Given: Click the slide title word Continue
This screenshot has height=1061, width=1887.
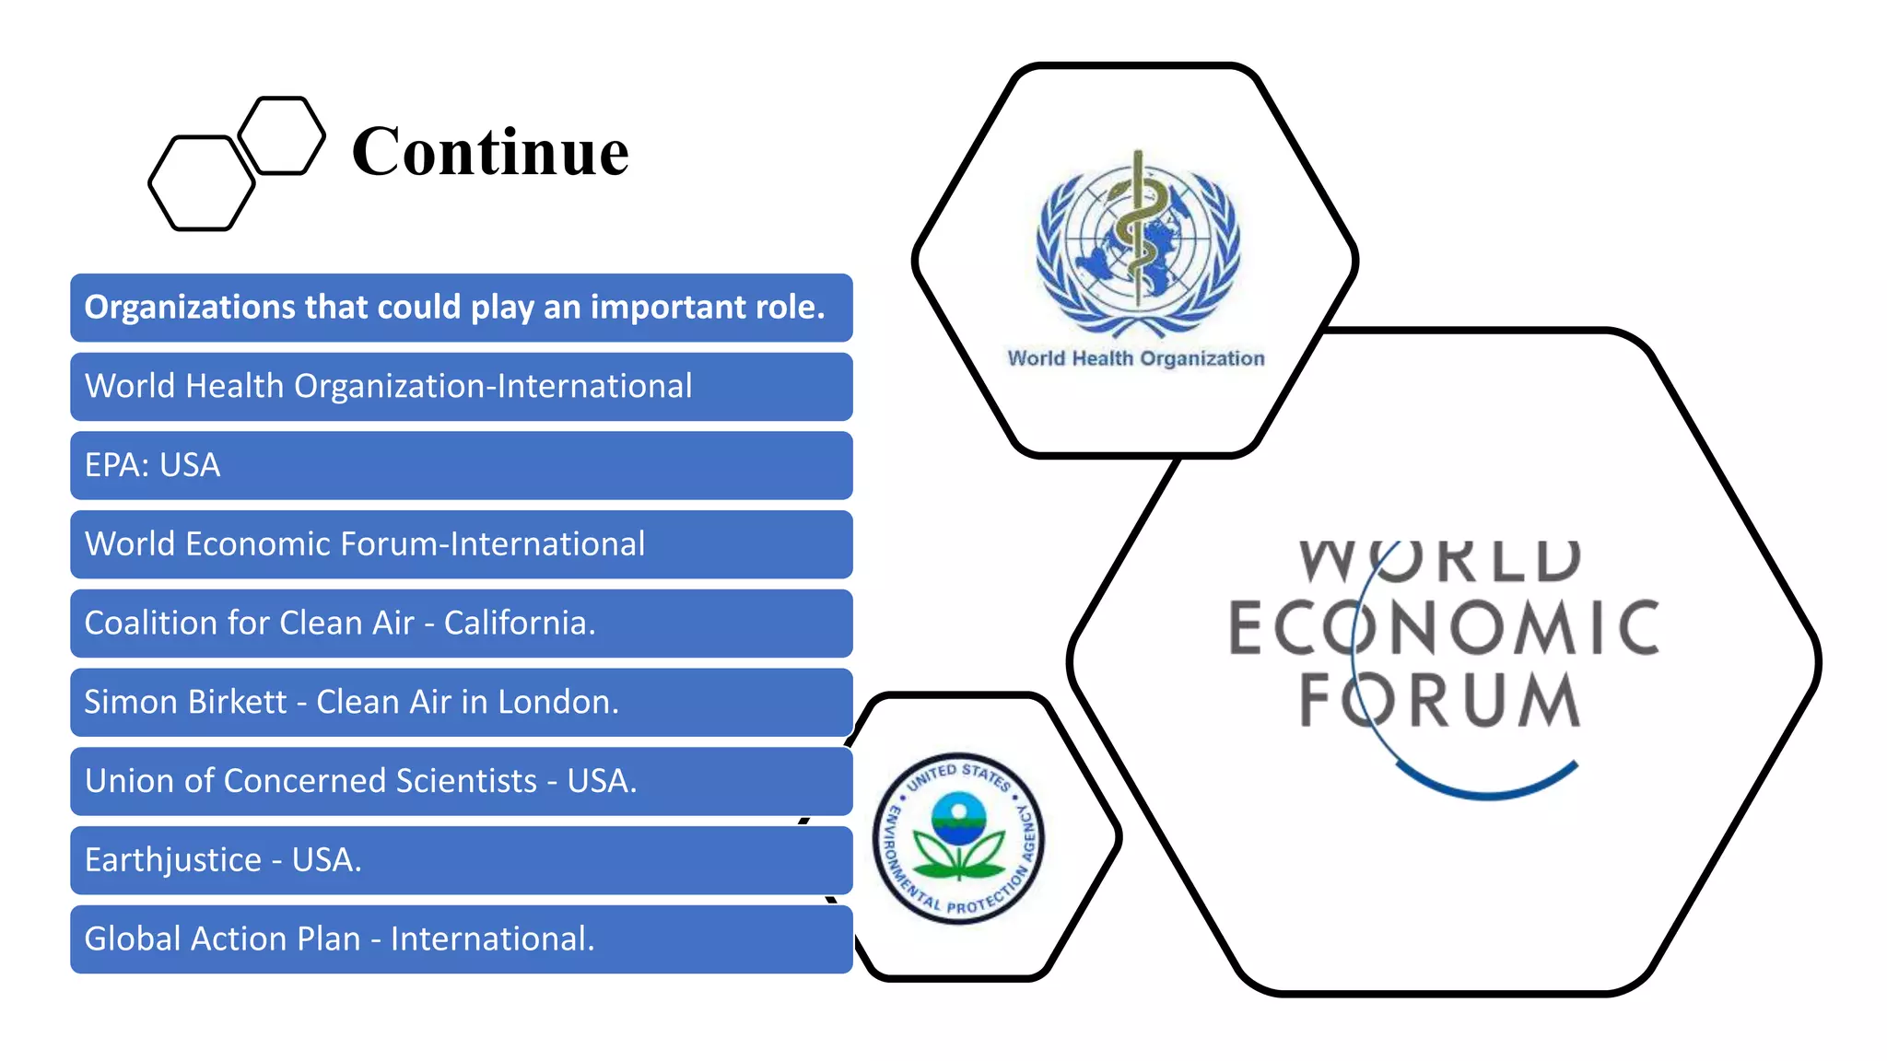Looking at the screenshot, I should tap(490, 152).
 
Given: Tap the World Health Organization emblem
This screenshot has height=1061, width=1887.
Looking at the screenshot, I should tap(1138, 244).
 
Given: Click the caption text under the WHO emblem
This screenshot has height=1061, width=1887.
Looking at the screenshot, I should tap(1135, 358).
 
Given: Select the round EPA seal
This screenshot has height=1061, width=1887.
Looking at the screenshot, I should tap(958, 837).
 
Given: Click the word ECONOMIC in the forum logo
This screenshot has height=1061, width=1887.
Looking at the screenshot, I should tap(1444, 628).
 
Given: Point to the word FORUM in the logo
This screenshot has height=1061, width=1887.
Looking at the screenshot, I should tap(1439, 701).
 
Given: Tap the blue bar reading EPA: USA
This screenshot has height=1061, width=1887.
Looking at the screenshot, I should tap(461, 465).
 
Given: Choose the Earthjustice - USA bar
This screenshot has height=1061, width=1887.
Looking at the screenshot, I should tap(461, 860).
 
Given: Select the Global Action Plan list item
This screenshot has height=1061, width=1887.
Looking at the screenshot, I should tap(461, 939).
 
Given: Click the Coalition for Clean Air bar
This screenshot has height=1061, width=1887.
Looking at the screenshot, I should tap(461, 624).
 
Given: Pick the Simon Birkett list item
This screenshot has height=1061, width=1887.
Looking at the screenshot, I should tap(461, 703).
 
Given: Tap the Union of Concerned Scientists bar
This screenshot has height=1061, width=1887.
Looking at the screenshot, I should tap(461, 781).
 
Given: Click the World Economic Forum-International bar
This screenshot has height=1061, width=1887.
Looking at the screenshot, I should tap(461, 544).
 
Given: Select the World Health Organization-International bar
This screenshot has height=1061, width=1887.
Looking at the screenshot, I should tap(461, 387).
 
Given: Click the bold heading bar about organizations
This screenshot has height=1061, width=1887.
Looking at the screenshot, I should tap(461, 308).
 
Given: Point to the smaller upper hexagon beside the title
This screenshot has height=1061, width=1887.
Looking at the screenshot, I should tap(283, 135).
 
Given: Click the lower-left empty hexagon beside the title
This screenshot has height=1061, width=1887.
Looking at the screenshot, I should tap(201, 183).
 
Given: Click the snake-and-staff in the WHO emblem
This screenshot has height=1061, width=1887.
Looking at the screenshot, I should tap(1139, 226).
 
